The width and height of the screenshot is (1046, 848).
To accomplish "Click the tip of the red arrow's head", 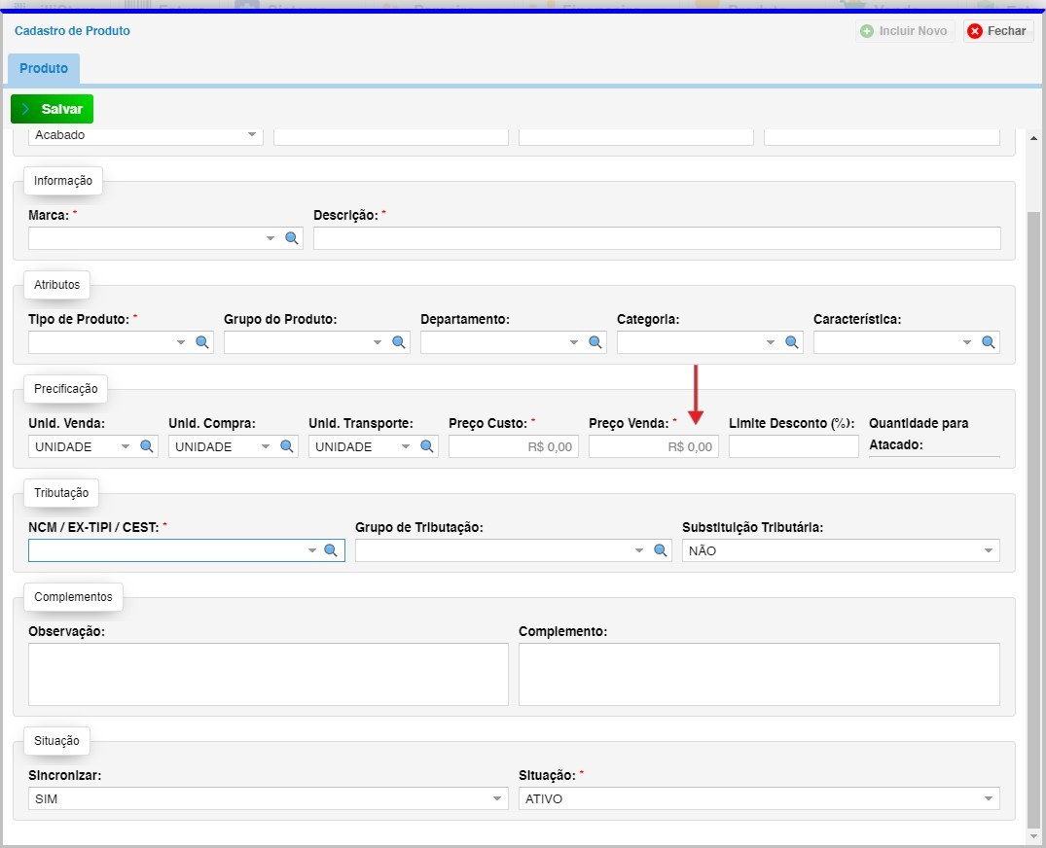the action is pos(696,425).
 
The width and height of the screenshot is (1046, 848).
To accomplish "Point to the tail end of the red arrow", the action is pos(696,366).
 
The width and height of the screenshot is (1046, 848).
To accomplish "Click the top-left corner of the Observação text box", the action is pos(28,644).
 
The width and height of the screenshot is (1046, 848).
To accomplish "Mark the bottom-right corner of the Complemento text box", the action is pos(999,705).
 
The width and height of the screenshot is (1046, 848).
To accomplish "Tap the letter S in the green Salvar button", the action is pos(46,109).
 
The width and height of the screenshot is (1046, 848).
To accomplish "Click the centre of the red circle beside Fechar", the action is pos(975,31).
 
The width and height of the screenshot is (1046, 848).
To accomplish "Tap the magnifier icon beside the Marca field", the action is pos(292,238).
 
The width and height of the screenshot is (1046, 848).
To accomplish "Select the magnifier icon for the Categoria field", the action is pos(792,342).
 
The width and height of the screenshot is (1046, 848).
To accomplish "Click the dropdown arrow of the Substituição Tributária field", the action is pos(988,550).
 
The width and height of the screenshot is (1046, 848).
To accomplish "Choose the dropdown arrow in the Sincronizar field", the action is pos(497,798).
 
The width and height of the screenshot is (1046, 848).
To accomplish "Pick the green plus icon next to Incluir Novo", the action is pos(867,31).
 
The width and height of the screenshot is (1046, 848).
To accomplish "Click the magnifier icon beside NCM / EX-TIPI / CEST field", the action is pos(330,550).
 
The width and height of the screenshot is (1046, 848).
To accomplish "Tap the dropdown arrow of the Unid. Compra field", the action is pos(266,446).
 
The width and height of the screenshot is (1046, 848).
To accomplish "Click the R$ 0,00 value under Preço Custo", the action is pos(550,446).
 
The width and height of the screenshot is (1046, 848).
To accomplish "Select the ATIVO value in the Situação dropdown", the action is pos(544,798).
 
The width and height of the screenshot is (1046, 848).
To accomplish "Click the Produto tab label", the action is pos(44,68).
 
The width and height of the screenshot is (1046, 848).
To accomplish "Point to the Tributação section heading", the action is pos(61,493).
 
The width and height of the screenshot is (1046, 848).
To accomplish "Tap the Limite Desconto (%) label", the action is pos(792,423).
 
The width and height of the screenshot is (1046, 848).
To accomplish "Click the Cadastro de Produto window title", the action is pos(72,31).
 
